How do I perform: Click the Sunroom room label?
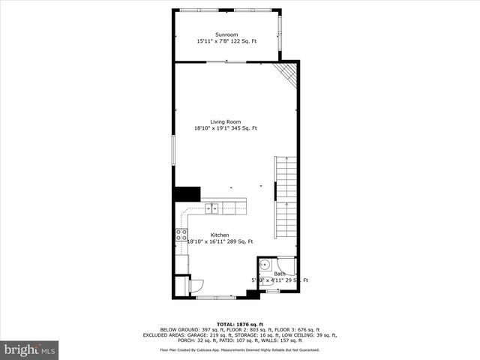coord(226,34)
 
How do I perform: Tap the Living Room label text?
coord(225,121)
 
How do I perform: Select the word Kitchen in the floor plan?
coord(219,235)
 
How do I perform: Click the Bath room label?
coord(279,274)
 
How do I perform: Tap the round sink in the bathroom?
coord(265,265)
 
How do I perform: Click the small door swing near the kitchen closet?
coord(196,283)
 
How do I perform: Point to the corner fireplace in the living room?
coord(287,72)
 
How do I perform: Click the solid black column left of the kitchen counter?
coord(187,194)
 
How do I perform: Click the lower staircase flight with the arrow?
coord(286,218)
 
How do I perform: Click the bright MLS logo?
coord(31,350)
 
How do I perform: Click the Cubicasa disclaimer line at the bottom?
coord(244,349)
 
